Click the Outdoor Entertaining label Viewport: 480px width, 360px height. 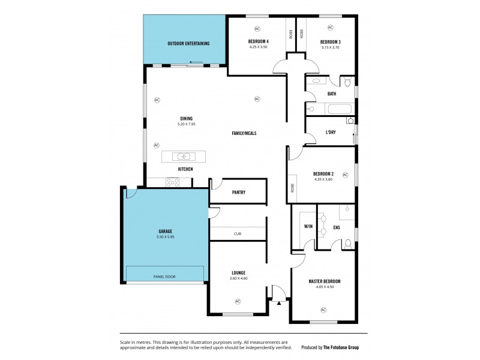click(188, 44)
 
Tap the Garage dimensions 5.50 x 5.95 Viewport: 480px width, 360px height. click(166, 237)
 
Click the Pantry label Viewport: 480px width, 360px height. click(238, 193)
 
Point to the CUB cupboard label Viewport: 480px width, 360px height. click(238, 234)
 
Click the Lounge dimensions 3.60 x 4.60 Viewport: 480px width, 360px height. click(238, 278)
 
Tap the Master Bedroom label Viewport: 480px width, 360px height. click(324, 281)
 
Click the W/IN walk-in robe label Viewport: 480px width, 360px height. click(308, 227)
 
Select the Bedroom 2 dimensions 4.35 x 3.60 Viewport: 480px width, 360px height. click(323, 179)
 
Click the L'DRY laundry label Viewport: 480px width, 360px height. click(331, 132)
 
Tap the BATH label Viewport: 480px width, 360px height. click(331, 94)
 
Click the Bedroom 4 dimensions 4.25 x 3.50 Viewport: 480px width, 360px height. click(259, 47)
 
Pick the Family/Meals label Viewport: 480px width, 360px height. click(245, 133)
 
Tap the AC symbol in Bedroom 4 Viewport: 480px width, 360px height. click(257, 28)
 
